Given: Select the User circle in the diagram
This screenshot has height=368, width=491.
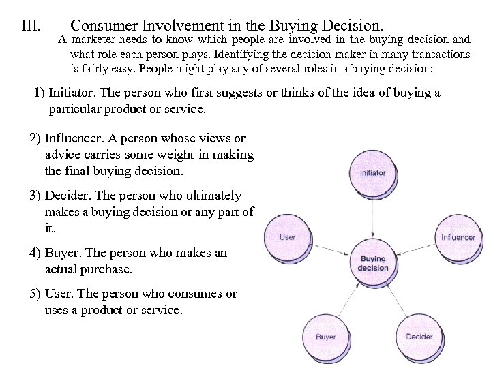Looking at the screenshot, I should (x=288, y=237).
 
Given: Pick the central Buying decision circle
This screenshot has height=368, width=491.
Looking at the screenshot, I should (x=372, y=263).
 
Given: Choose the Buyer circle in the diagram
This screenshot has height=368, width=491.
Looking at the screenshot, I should (x=325, y=337).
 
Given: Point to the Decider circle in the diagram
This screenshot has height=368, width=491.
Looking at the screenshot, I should (x=419, y=337).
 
